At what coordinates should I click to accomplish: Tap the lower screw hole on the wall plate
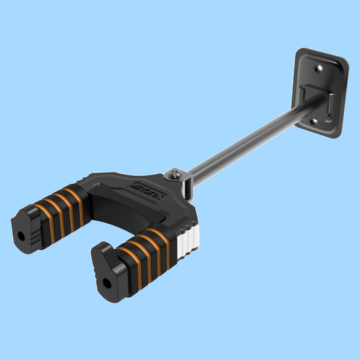(x=313, y=122)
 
